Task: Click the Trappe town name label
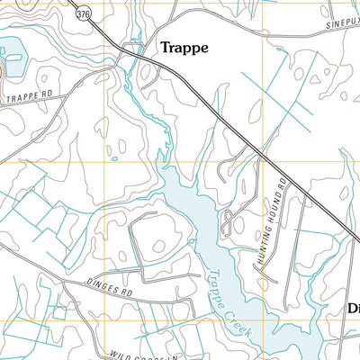[x=184, y=49]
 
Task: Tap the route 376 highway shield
[x=84, y=14]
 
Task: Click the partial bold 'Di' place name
[x=354, y=309]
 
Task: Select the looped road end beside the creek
[x=229, y=219]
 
